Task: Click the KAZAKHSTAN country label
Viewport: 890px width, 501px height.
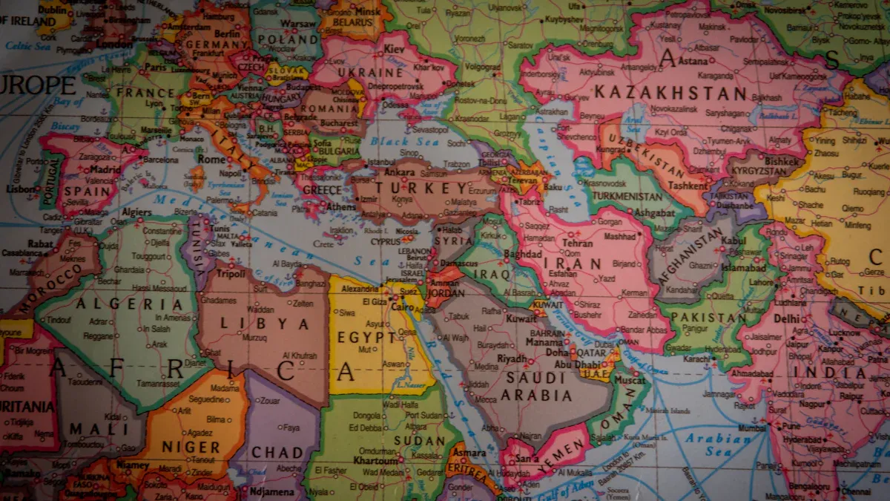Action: tap(670, 94)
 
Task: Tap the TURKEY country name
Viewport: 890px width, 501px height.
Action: tap(422, 189)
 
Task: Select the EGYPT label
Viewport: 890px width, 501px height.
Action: tap(367, 338)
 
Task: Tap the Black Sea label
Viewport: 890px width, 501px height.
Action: tap(400, 142)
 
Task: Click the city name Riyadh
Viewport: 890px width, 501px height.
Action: tap(512, 358)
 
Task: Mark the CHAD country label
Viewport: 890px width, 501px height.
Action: tap(277, 452)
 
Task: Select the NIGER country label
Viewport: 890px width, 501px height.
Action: tap(191, 448)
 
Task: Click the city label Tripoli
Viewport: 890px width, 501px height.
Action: tap(230, 274)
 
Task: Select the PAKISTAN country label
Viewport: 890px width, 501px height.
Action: tap(708, 318)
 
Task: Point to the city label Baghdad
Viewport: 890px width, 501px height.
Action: tap(523, 254)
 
